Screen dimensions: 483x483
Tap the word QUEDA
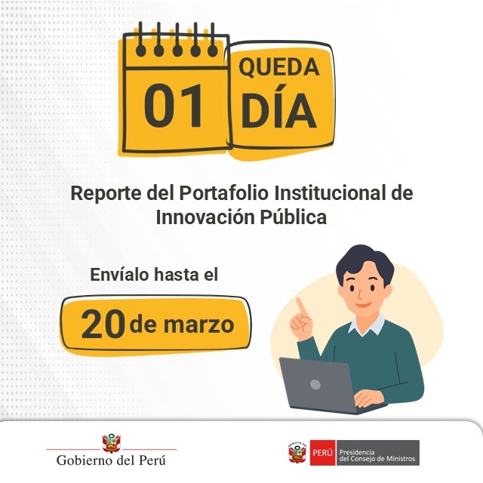[279, 67]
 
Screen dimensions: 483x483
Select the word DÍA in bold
[278, 112]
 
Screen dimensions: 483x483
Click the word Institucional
[331, 192]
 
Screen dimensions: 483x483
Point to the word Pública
[294, 217]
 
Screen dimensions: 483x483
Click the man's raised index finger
[300, 304]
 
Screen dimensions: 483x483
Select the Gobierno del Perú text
[111, 460]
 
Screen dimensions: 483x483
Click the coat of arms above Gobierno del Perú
[111, 441]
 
